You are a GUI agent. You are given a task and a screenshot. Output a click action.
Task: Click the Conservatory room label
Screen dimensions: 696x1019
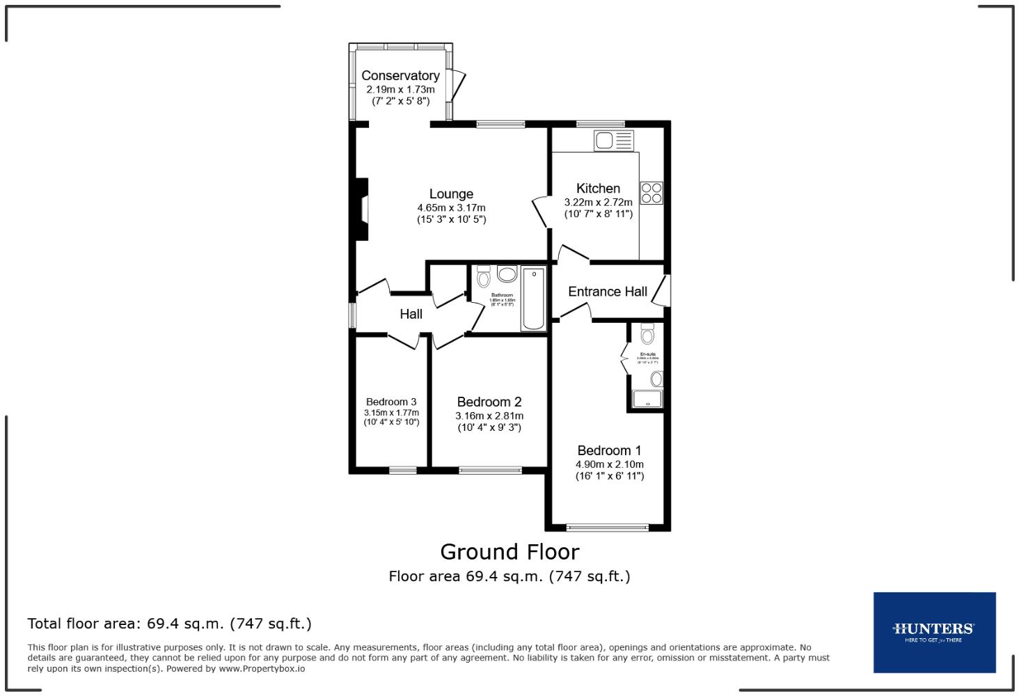pos(400,75)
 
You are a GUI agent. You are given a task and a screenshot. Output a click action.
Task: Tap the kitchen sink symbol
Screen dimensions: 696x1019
pos(613,141)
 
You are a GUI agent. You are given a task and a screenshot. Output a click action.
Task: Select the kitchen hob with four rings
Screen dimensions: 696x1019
pos(651,193)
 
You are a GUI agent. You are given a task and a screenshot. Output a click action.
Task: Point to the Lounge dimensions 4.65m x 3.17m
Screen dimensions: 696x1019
pos(451,207)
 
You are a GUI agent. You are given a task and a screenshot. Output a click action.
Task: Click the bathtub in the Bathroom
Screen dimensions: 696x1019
pos(534,299)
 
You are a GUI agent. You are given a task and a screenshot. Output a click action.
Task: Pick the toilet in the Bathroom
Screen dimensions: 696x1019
pos(484,278)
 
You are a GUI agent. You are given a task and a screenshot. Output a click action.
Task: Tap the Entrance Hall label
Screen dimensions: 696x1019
pos(607,292)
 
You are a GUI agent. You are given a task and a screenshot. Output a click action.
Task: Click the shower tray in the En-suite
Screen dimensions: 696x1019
pos(647,399)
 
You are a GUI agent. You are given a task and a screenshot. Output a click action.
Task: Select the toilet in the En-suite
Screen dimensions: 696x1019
pos(647,335)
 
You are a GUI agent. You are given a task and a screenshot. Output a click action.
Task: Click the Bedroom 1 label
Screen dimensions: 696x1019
pos(609,450)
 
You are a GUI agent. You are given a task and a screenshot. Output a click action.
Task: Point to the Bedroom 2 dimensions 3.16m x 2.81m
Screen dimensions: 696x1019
pos(489,416)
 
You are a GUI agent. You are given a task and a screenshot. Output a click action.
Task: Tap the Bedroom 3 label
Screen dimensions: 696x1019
pos(391,402)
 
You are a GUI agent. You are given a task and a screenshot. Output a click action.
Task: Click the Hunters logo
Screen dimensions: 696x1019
pos(934,632)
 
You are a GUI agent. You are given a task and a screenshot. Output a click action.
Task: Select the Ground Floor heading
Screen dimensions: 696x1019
pos(509,552)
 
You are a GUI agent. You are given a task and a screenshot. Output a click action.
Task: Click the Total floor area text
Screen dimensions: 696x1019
pos(169,624)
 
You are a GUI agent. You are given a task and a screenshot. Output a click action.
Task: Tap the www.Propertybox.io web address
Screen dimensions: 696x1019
pos(262,668)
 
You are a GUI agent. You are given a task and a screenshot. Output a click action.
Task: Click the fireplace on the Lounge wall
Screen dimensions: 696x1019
pos(361,209)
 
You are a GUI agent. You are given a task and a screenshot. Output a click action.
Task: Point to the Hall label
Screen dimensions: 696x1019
pos(411,314)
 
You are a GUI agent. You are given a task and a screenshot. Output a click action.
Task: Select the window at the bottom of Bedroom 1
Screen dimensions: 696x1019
pos(608,528)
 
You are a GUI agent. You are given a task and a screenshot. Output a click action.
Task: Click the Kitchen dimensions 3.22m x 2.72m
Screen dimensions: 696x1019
pos(598,202)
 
